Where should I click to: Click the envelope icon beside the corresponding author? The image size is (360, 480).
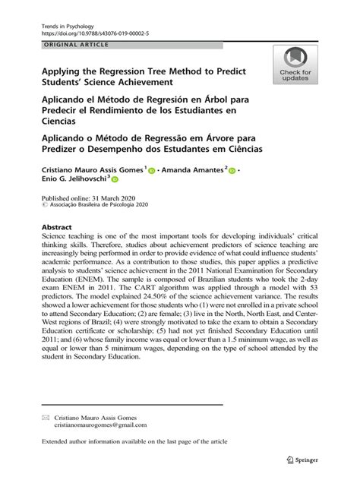(x=46, y=417)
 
